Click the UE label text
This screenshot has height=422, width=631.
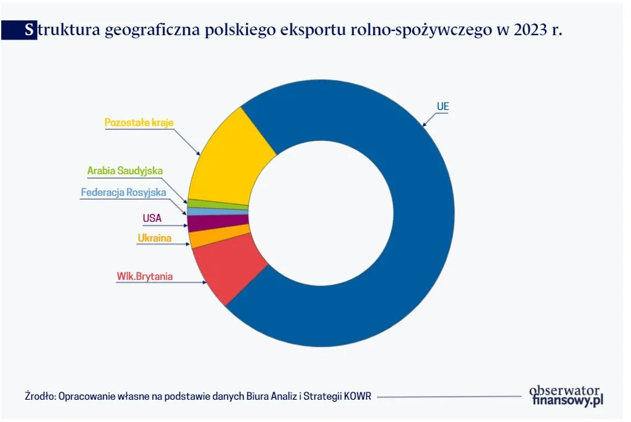pos(443,106)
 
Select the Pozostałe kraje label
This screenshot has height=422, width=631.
pos(139,122)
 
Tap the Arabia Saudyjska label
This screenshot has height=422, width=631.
pos(125,170)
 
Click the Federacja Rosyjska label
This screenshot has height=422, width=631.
pos(124,192)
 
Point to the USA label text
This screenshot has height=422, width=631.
pos(152,217)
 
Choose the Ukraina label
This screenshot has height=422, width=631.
pos(154,238)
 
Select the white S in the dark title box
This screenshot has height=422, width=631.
pos(30,30)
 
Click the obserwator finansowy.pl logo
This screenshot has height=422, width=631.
pos(565,395)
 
